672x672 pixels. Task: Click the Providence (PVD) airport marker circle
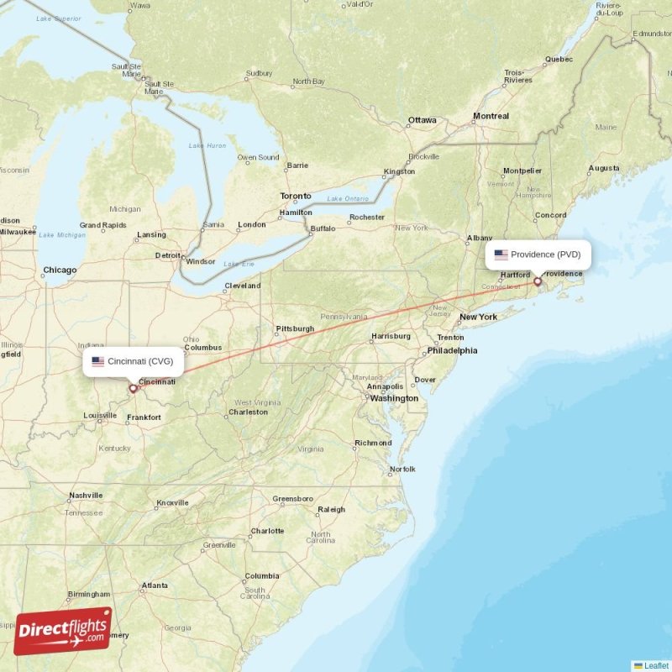coord(538,281)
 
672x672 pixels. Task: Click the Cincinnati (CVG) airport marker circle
coord(132,388)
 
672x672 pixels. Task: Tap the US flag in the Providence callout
coord(501,255)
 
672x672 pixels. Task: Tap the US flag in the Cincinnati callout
coord(98,361)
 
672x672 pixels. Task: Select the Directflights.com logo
coord(63,631)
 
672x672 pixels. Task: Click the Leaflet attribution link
coord(656,665)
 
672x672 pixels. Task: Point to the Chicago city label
coord(60,270)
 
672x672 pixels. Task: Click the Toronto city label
coord(295,196)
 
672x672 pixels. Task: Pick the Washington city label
coord(394,398)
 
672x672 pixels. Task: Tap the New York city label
coord(478,317)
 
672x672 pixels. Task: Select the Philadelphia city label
coord(452,350)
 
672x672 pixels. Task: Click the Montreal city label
coord(491,116)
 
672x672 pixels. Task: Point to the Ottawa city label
coord(422,120)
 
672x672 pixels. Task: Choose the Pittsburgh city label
coord(295,328)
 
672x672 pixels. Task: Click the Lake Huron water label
coord(207,146)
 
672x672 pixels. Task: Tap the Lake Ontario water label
coord(347,198)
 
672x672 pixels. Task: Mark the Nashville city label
coord(86,496)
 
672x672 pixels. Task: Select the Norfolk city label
coord(402,469)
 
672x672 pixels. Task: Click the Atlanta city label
coord(155,585)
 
